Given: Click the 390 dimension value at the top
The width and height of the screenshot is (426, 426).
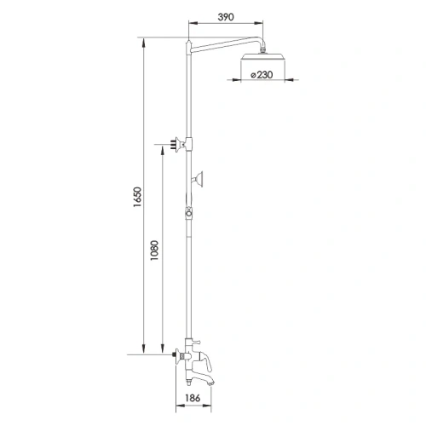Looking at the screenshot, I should pos(224,17).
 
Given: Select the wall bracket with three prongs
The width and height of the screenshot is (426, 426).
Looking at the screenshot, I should pos(178,145).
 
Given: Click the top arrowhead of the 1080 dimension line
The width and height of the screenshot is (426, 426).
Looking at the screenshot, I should pos(160,146).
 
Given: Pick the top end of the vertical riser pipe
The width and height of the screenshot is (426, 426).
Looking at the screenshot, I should pos(188,37).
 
